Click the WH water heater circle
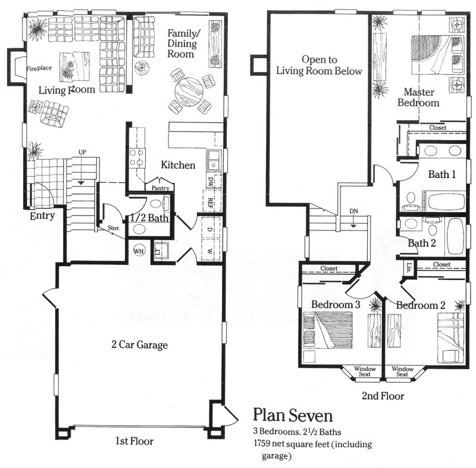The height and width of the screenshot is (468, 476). point(140,250)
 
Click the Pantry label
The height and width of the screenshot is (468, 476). point(161,188)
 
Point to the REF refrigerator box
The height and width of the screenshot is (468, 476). point(210,202)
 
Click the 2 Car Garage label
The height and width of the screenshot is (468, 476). point(139,345)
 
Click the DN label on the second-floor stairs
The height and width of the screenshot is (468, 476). point(353,210)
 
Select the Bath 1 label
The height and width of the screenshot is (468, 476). point(442,175)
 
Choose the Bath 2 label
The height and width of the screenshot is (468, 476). point(422,243)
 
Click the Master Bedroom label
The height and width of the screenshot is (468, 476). point(421,98)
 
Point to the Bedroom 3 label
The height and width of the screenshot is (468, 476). point(336,305)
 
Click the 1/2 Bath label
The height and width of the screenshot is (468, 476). point(151,218)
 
